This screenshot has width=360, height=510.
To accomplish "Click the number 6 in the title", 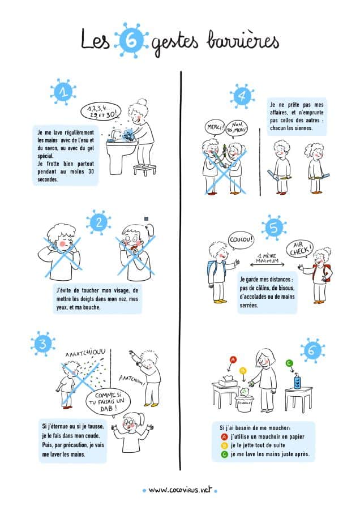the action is [131, 40].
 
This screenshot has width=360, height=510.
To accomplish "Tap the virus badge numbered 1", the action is [63, 92].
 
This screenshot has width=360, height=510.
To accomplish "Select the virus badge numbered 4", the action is [242, 96].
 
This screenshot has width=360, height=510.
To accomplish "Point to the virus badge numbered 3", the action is [43, 344].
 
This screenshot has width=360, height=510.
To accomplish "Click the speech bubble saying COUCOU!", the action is [241, 240].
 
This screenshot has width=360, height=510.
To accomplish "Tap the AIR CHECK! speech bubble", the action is [300, 249].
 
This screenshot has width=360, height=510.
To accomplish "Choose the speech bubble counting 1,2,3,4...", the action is [101, 111].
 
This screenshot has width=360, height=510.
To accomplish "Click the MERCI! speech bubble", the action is [215, 127].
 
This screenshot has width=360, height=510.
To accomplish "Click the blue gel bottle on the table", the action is [297, 380].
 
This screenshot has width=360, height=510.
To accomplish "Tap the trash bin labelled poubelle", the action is [245, 404].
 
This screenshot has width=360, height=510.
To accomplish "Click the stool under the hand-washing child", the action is [145, 170].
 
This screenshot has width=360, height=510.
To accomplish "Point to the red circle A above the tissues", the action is [233, 359].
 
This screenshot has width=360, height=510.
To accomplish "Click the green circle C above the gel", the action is [289, 363].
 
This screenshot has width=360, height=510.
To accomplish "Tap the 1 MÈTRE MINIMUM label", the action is [267, 258].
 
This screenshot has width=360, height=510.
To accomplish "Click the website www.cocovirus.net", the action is [180, 490].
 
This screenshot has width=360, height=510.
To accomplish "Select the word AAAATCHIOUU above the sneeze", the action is [85, 353].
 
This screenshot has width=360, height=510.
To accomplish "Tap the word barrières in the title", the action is [243, 41].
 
